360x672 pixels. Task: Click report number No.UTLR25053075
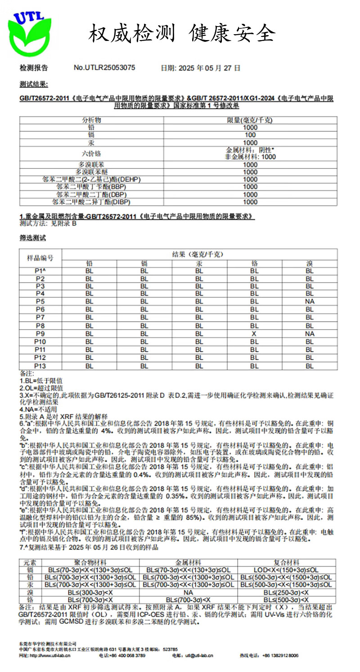104,68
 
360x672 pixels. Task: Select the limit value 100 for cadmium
250,135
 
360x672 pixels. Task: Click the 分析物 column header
91,120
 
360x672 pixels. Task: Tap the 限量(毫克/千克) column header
250,120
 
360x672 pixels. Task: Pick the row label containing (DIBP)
94,202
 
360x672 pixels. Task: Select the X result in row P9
254,334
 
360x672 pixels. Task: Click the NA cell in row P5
309,301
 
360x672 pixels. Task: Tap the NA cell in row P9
309,334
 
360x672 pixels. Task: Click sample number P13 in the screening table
40,366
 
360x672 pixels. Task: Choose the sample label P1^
40,271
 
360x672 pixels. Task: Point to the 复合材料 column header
286,563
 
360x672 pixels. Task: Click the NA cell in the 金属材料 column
188,593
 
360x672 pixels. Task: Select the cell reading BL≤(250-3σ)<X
286,593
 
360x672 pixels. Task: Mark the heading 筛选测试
33,238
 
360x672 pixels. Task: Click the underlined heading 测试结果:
34,84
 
